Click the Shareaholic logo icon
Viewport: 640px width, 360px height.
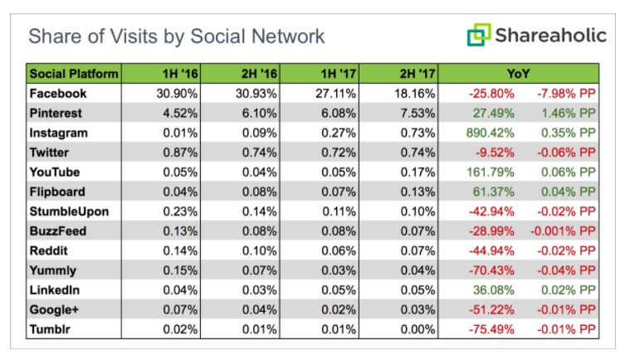(x=478, y=36)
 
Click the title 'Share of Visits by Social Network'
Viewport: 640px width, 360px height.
(x=177, y=36)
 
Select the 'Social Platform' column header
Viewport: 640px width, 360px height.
(x=74, y=74)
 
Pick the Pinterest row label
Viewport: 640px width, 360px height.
(x=56, y=113)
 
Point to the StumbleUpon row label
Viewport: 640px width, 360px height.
(x=69, y=211)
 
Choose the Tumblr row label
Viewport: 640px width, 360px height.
(x=50, y=328)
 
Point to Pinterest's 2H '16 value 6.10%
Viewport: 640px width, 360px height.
(x=260, y=113)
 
